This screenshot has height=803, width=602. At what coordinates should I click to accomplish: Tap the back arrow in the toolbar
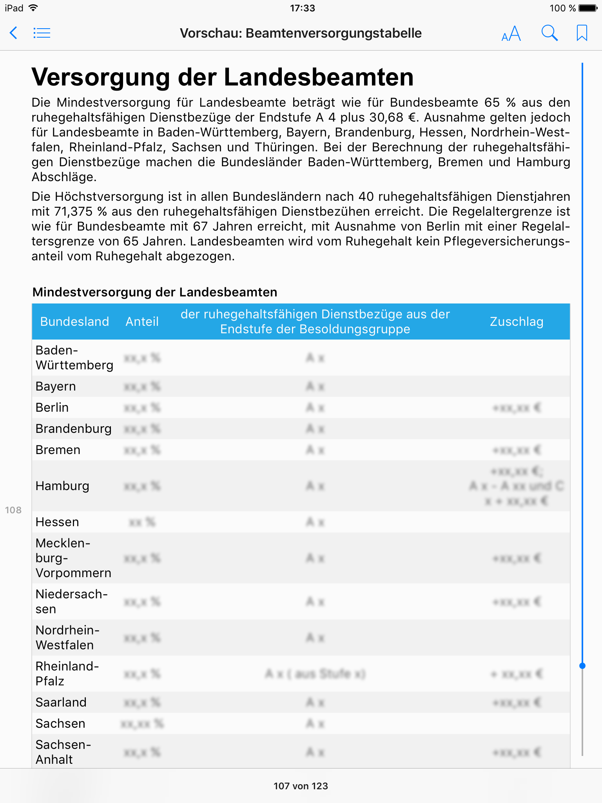coord(13,33)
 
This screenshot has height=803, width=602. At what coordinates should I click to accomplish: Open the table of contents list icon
coord(42,33)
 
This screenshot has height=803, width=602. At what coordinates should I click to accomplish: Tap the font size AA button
coord(511,34)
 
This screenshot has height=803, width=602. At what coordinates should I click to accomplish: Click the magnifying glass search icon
coord(549,33)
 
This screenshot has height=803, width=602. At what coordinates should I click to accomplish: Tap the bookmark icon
coord(582,33)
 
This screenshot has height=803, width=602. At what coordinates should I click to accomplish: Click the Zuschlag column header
coord(517,322)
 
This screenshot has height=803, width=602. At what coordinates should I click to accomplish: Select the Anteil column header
coord(142,322)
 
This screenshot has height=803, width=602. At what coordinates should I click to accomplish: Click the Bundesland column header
coord(74,322)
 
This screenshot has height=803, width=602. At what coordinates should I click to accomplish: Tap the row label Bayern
coord(56,386)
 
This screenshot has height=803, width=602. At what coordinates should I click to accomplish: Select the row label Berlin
coord(52,407)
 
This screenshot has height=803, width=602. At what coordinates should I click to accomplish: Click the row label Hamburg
coord(62,486)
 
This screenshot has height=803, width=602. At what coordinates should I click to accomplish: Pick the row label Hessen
coord(57,522)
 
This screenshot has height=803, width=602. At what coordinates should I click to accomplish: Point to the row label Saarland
coord(61,702)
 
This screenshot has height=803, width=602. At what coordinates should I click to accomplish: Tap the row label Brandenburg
coord(74,429)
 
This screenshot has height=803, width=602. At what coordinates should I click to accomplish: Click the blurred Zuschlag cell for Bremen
coord(517,450)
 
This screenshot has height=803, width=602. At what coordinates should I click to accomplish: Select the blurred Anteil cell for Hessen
coord(142,522)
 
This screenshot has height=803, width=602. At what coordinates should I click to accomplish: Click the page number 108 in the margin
coord(13,510)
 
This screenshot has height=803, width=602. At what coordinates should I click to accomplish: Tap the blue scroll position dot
coord(582,666)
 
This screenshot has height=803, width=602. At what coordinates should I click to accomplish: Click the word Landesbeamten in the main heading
coord(319,77)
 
